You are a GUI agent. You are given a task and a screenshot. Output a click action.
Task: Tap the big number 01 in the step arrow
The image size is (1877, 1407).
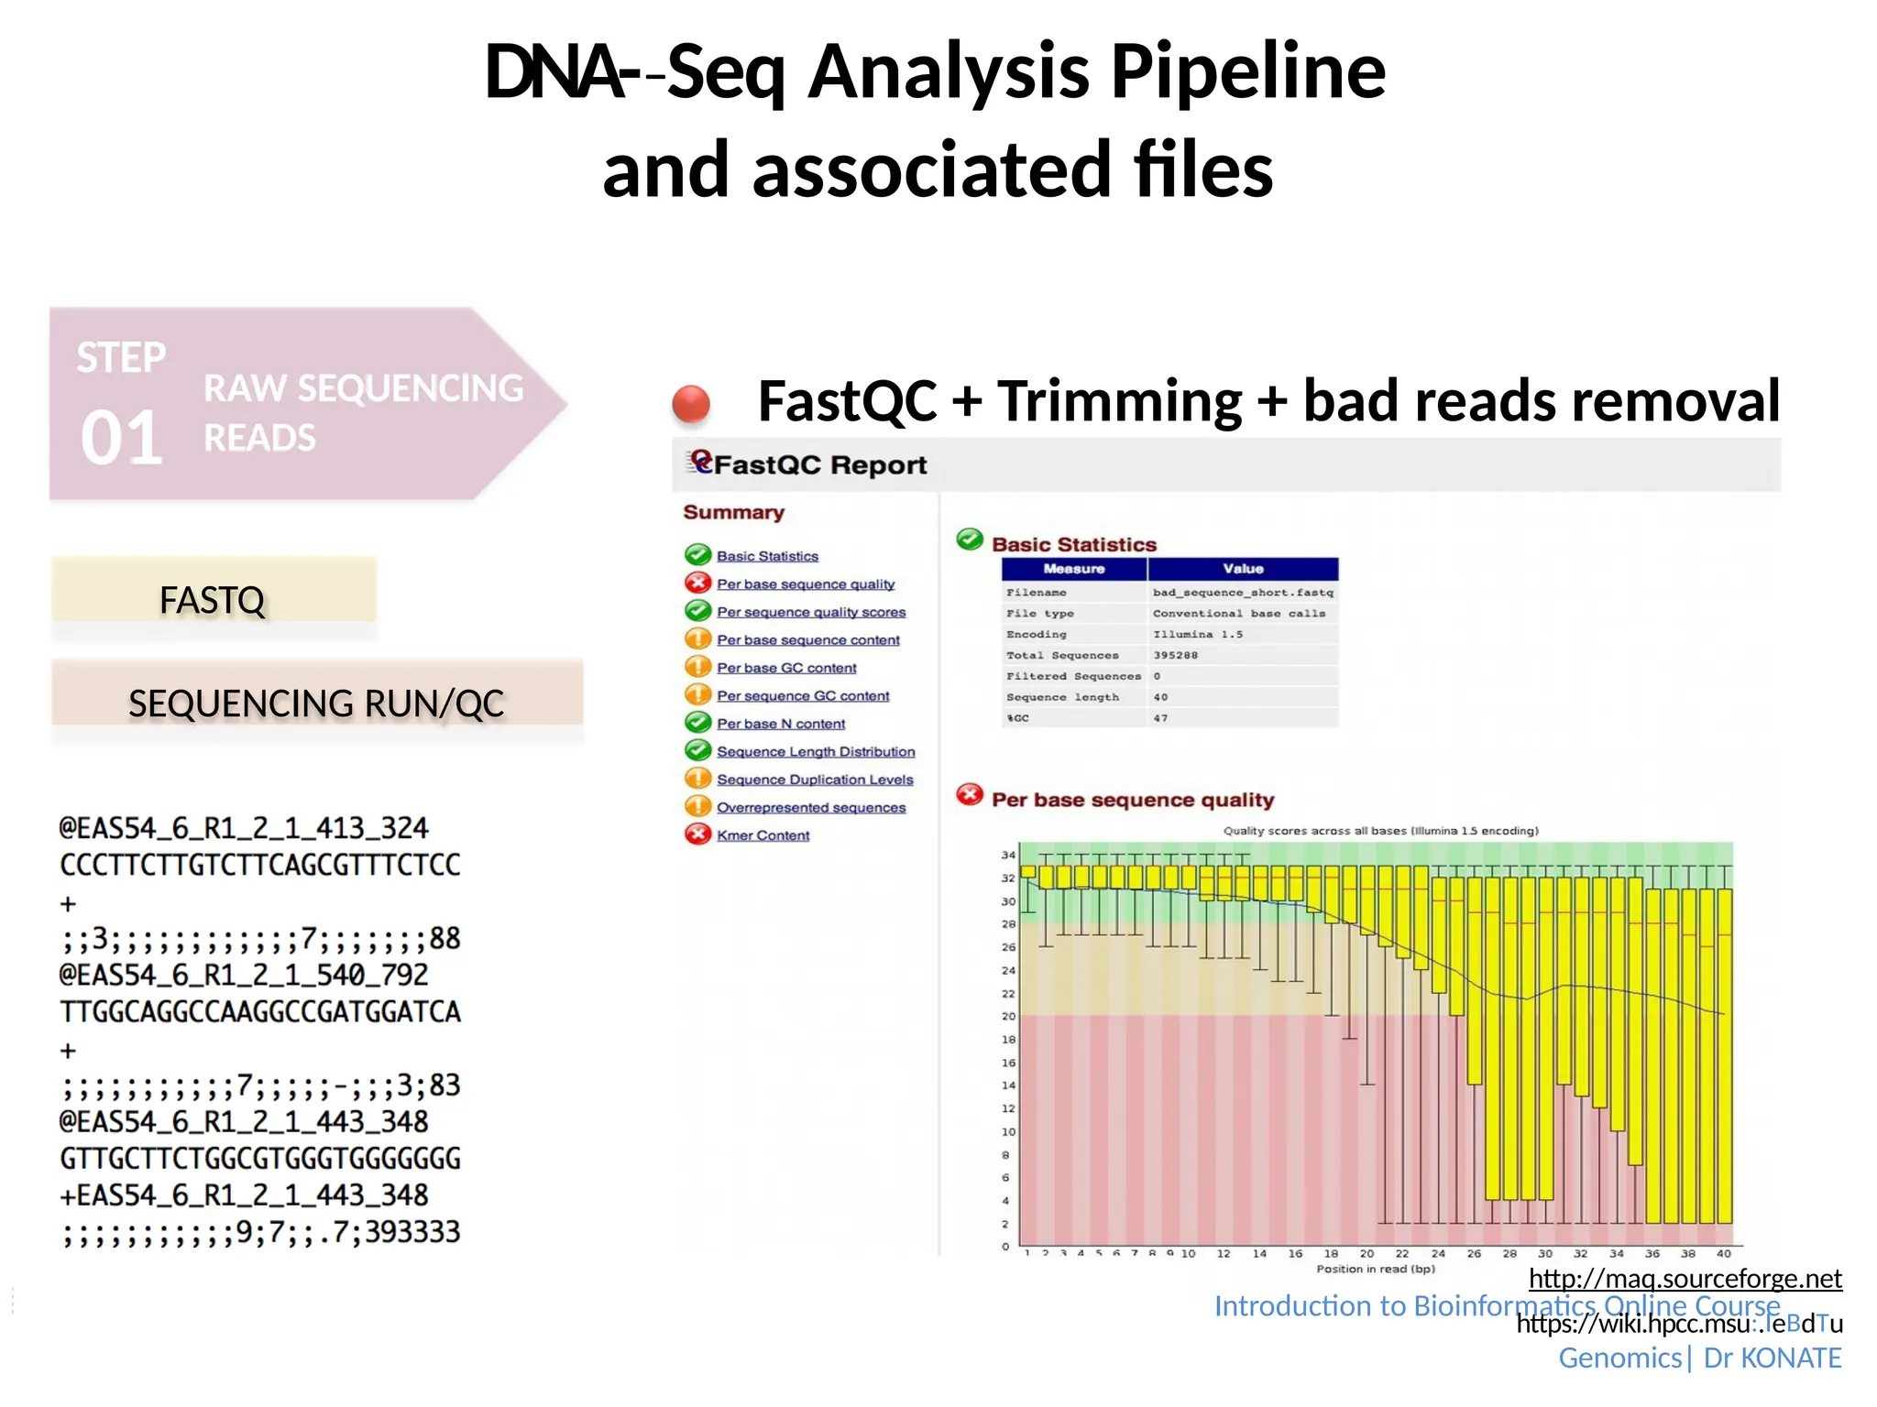122,438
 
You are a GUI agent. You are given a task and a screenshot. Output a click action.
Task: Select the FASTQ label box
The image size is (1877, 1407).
213,600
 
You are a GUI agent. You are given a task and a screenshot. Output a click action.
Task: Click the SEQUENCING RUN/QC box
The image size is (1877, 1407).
316,703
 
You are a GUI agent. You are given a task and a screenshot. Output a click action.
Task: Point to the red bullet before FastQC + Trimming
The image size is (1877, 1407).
691,403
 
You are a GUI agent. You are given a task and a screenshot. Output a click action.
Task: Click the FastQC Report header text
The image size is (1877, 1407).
819,464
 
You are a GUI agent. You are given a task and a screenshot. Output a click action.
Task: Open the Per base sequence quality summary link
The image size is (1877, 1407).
806,584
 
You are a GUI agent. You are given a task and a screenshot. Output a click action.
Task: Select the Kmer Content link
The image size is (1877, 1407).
763,835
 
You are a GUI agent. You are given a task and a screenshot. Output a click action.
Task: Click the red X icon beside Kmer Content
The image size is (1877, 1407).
698,834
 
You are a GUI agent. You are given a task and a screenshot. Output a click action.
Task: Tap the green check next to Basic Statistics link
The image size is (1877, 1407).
698,555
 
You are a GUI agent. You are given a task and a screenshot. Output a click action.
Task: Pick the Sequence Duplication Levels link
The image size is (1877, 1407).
815,780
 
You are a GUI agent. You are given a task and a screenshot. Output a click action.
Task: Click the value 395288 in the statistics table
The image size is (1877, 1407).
1175,655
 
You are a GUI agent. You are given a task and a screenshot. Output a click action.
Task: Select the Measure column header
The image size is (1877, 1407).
1074,569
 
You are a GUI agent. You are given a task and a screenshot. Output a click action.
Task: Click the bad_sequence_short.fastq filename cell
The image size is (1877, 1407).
1243,593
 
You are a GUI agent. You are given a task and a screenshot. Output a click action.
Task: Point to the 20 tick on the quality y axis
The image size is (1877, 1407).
1008,1016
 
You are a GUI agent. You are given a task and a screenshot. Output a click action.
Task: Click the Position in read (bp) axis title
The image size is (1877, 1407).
1375,1269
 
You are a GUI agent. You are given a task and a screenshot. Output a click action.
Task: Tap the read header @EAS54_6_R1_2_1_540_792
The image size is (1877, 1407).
244,975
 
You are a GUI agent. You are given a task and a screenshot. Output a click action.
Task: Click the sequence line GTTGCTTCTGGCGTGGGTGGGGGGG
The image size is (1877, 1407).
260,1159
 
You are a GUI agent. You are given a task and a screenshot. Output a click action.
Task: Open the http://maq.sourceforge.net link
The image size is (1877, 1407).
1685,1278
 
